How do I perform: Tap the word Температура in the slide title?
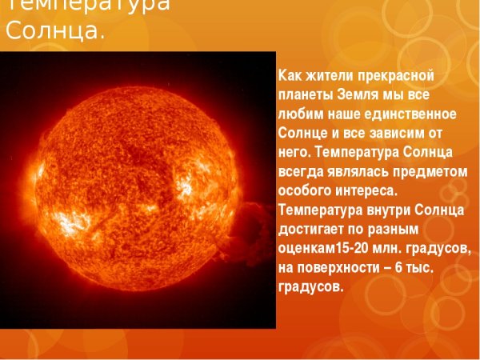(87, 5)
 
